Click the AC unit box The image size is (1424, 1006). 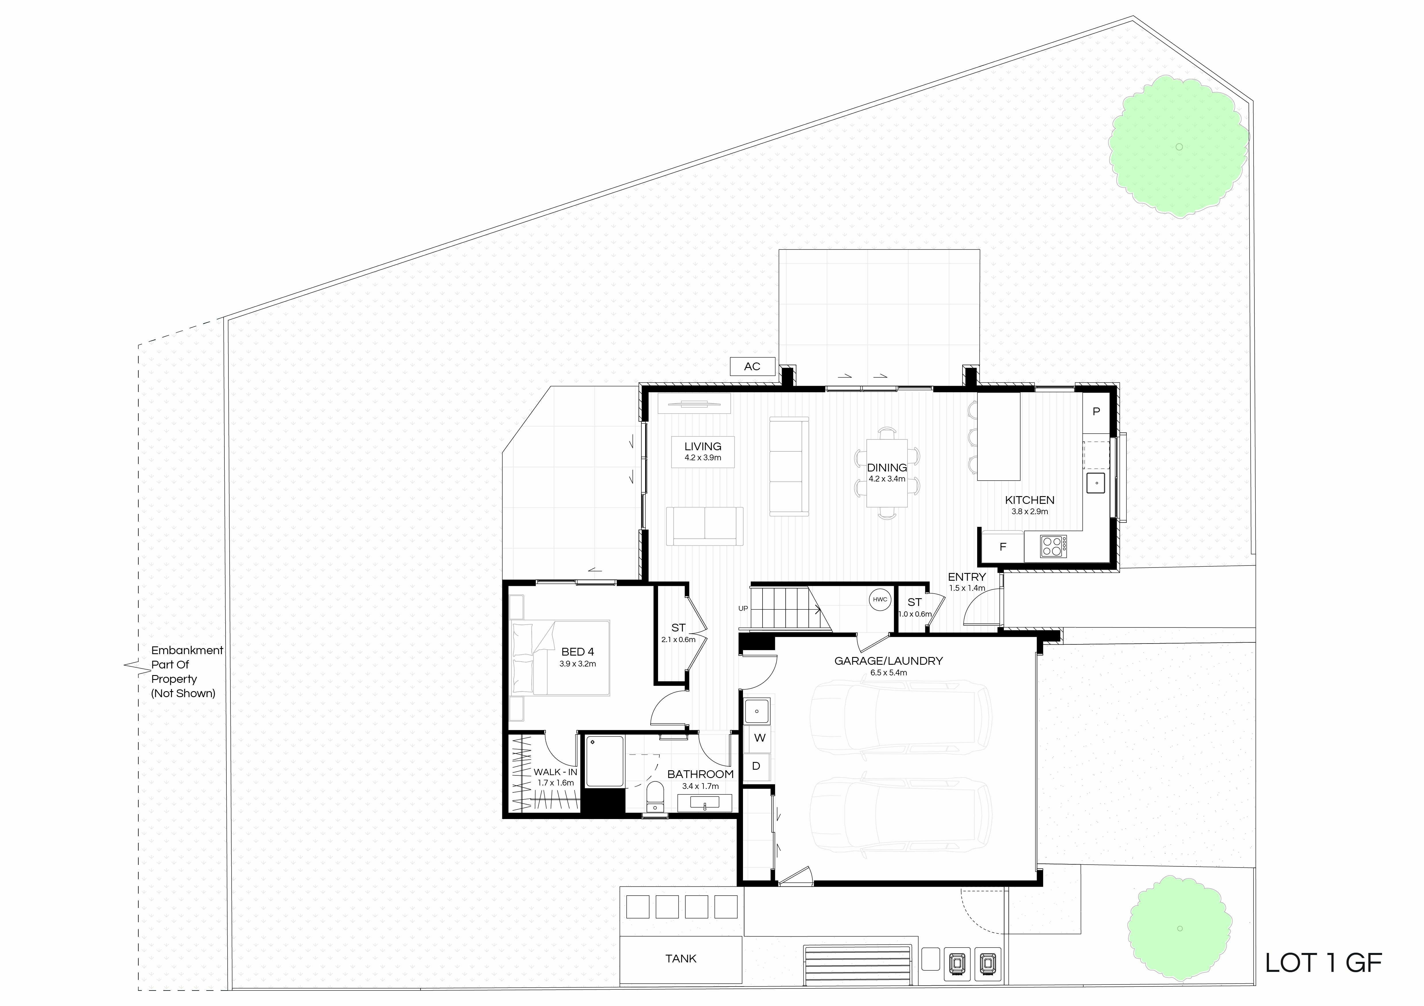(x=752, y=366)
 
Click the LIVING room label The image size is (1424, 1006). (x=703, y=446)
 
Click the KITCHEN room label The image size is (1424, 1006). (x=1030, y=500)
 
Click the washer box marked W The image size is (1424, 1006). (x=760, y=738)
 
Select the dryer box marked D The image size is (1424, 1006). (x=757, y=766)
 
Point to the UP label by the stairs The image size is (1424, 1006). (x=743, y=609)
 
